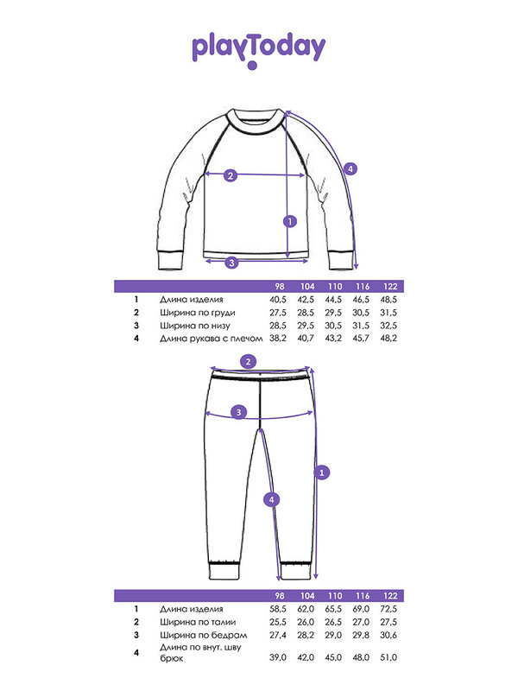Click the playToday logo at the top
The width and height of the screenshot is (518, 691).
258,50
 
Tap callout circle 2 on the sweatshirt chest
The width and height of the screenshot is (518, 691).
231,175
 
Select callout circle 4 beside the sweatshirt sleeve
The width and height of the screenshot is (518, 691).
351,168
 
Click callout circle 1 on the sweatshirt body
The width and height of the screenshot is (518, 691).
290,221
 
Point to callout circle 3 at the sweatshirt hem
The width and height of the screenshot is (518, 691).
231,263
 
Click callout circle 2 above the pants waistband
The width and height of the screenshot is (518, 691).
249,362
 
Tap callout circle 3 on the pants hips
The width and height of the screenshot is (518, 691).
239,413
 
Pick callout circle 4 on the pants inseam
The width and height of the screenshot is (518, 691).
271,500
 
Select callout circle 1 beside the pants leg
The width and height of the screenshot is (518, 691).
321,472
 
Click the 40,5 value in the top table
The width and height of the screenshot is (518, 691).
278,300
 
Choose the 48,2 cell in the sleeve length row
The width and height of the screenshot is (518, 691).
388,338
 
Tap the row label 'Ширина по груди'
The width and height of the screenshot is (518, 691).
198,313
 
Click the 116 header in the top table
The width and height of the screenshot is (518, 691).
363,287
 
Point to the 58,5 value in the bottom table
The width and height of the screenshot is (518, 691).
278,609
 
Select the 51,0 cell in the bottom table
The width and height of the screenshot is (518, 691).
388,657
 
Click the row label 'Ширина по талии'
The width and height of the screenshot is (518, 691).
198,622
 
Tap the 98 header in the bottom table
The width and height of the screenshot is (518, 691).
280,596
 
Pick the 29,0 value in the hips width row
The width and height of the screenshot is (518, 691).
333,635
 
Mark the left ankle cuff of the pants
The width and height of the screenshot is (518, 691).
224,570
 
